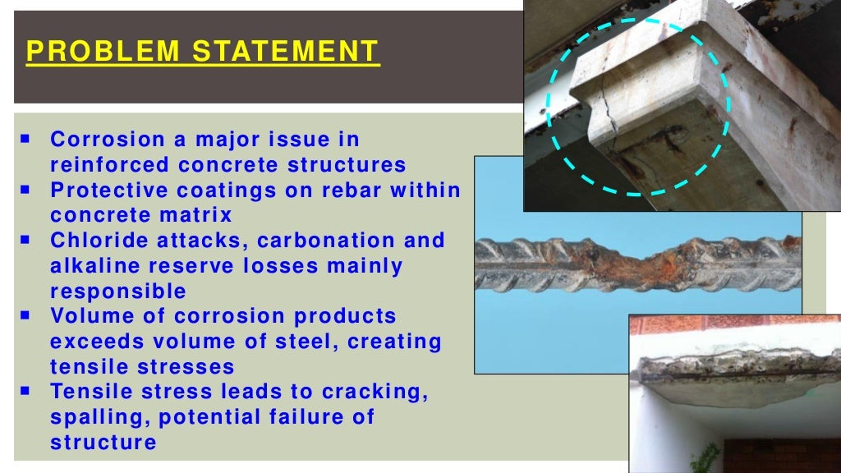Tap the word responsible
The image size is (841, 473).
tap(118, 292)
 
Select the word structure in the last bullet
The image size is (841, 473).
tap(103, 443)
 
